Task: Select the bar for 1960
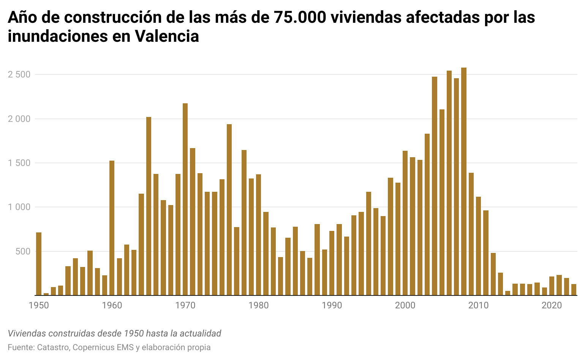pyautogui.click(x=112, y=228)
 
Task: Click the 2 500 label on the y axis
pyautogui.click(x=19, y=74)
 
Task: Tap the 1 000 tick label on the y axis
pyautogui.click(x=19, y=207)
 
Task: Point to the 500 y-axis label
pyautogui.click(x=22, y=251)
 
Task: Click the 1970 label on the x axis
pyautogui.click(x=185, y=305)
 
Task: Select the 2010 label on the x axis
pyautogui.click(x=479, y=305)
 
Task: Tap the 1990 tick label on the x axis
pyautogui.click(x=332, y=305)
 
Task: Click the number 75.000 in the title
pyautogui.click(x=300, y=17)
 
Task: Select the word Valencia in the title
pyautogui.click(x=167, y=36)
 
